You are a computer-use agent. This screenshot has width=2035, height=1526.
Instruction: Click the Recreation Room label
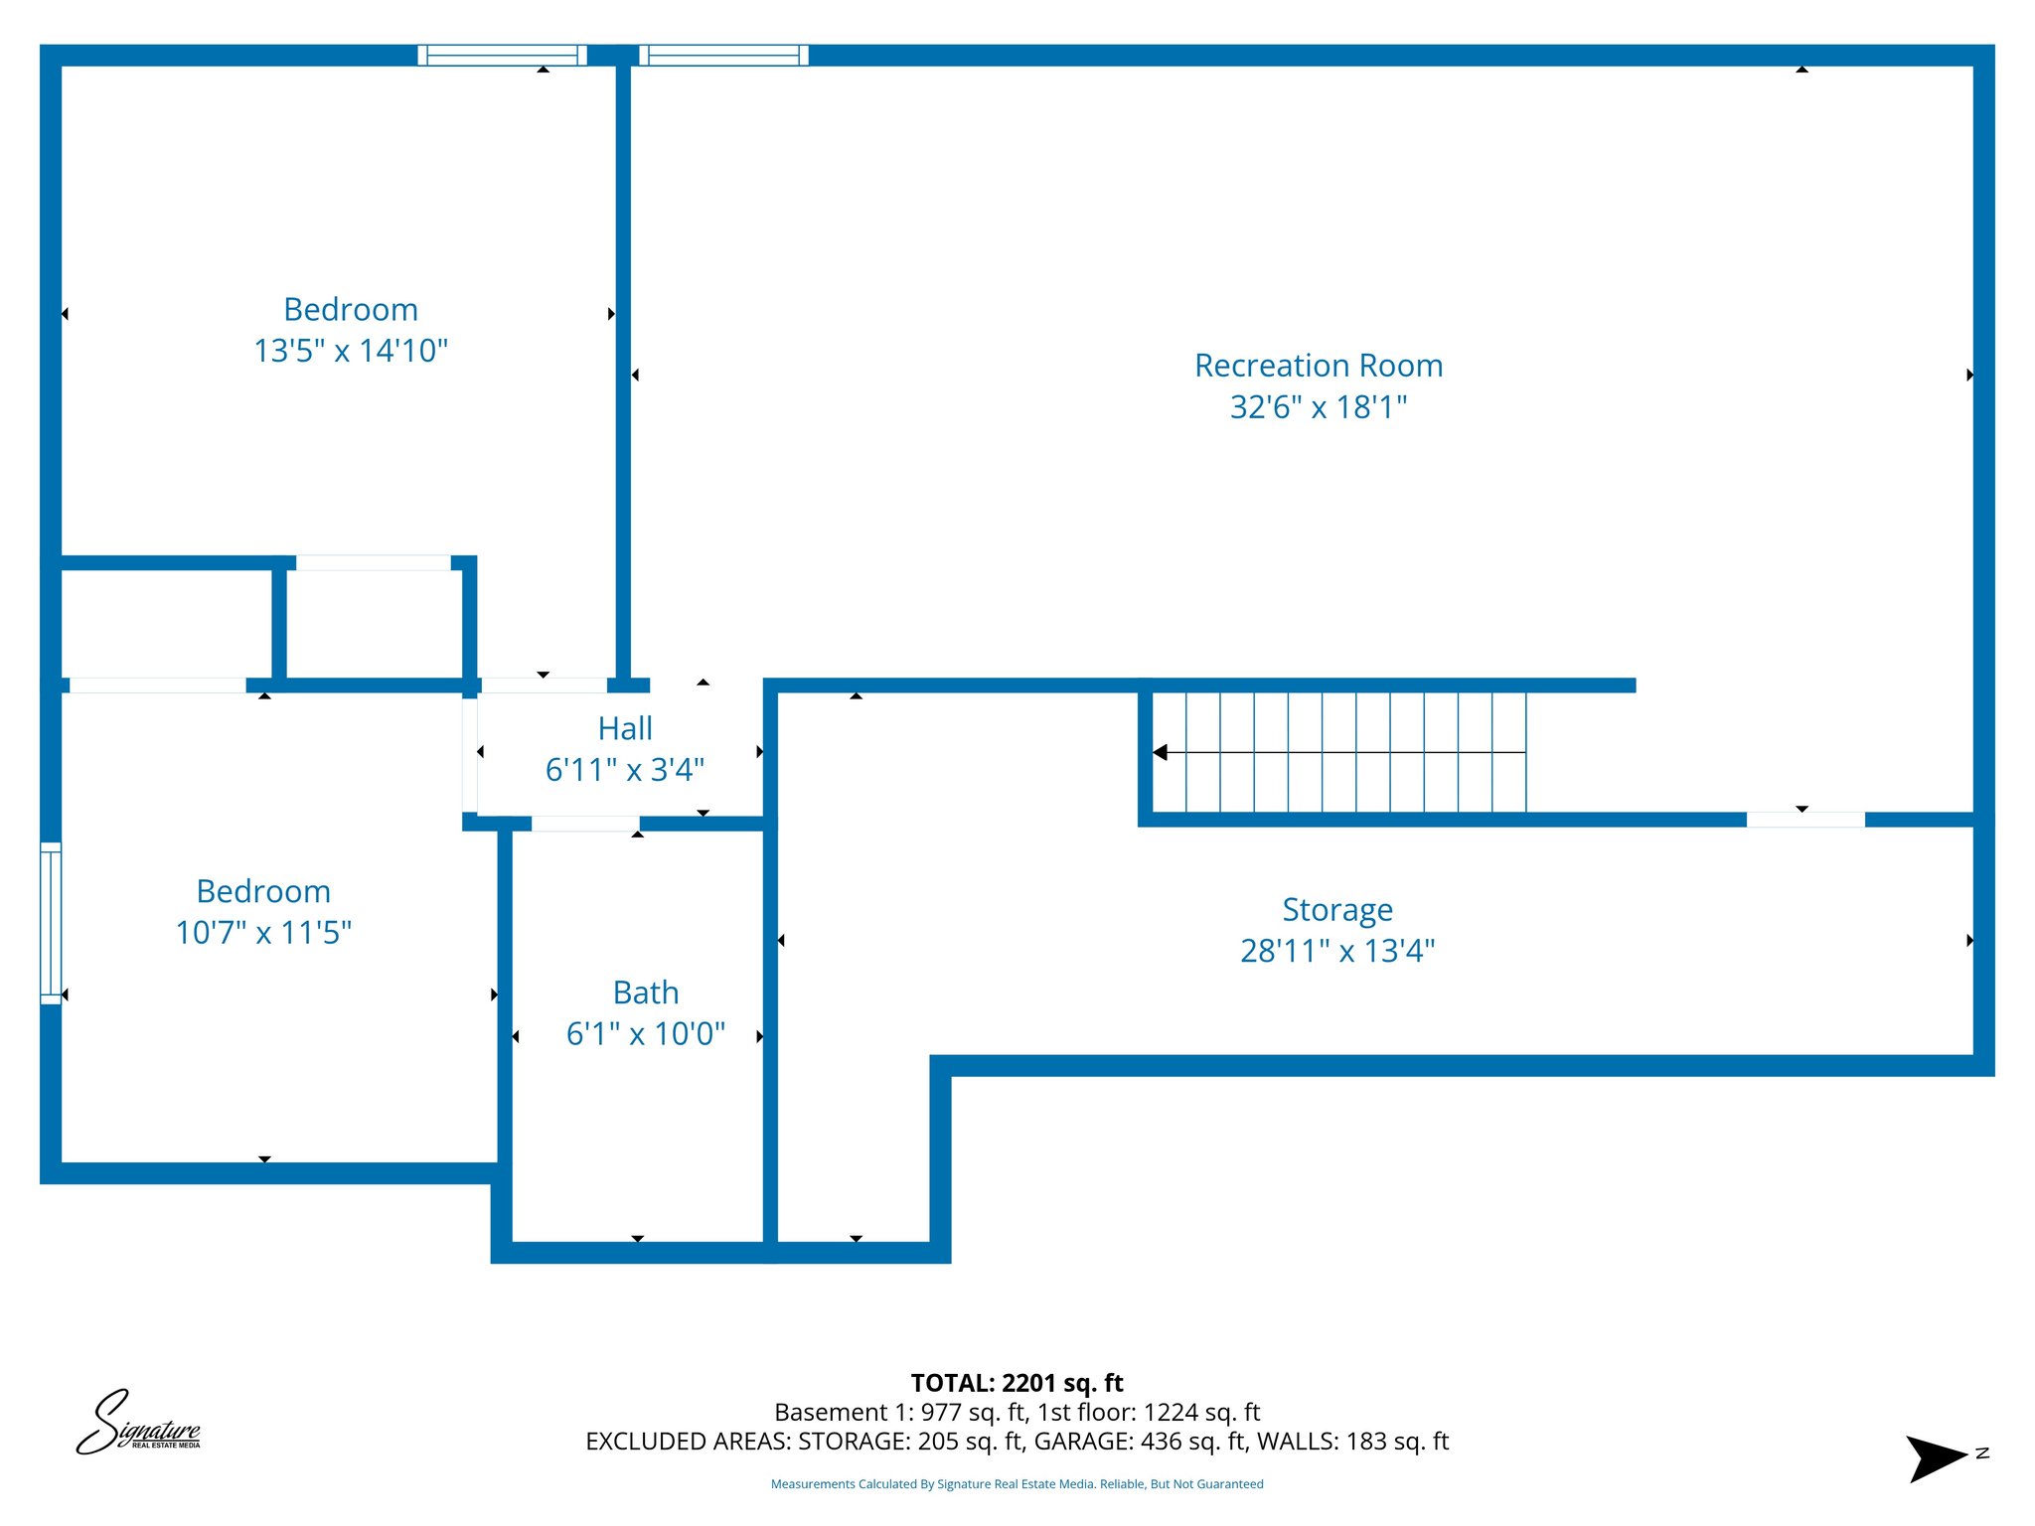pyautogui.click(x=1318, y=366)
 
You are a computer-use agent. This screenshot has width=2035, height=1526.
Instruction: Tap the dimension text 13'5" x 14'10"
pyautogui.click(x=351, y=351)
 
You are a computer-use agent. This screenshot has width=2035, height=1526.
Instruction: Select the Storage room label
pyautogui.click(x=1336, y=909)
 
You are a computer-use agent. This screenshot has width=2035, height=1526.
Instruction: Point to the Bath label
pyautogui.click(x=646, y=992)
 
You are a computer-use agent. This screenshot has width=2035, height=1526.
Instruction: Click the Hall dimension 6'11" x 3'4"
pyautogui.click(x=624, y=770)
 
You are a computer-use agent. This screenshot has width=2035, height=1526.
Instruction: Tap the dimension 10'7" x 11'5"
pyautogui.click(x=263, y=933)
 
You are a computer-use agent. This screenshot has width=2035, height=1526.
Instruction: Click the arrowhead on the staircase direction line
pyautogui.click(x=1160, y=752)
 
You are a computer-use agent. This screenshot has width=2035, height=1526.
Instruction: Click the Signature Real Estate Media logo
pyautogui.click(x=139, y=1423)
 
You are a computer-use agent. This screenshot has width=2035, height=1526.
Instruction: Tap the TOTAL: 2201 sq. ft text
pyautogui.click(x=1017, y=1383)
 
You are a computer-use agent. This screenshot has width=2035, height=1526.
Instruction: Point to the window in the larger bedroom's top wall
pyautogui.click(x=502, y=56)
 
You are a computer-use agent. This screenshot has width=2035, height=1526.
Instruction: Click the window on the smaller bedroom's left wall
pyautogui.click(x=51, y=923)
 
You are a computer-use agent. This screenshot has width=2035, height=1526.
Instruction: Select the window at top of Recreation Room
pyautogui.click(x=723, y=56)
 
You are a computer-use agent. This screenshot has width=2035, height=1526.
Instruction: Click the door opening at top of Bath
pyautogui.click(x=585, y=824)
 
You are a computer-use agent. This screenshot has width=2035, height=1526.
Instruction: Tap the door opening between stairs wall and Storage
pyautogui.click(x=1805, y=820)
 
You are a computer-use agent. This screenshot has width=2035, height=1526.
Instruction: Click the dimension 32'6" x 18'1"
pyautogui.click(x=1318, y=407)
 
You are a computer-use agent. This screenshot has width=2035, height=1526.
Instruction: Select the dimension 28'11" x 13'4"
pyautogui.click(x=1336, y=951)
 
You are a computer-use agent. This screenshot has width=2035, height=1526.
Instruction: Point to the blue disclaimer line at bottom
pyautogui.click(x=1017, y=1484)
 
